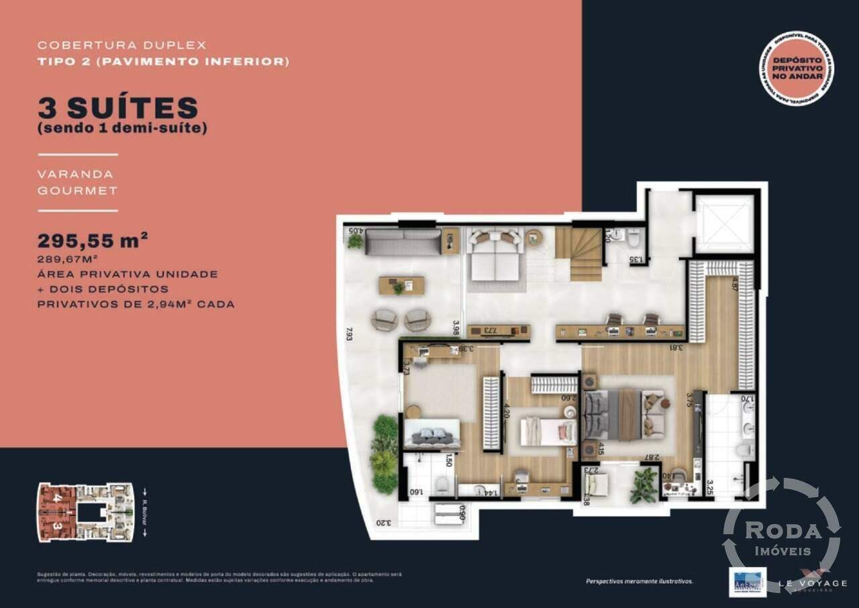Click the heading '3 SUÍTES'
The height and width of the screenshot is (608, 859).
[118, 108]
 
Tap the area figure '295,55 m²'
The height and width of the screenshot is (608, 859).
[93, 241]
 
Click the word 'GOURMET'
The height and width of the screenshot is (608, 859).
[78, 191]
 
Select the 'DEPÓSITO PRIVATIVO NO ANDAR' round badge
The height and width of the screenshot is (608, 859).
[797, 69]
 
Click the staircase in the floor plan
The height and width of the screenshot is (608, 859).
[578, 254]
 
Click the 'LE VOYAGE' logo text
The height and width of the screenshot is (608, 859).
[815, 584]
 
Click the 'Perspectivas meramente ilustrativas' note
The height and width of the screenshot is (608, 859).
[639, 581]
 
